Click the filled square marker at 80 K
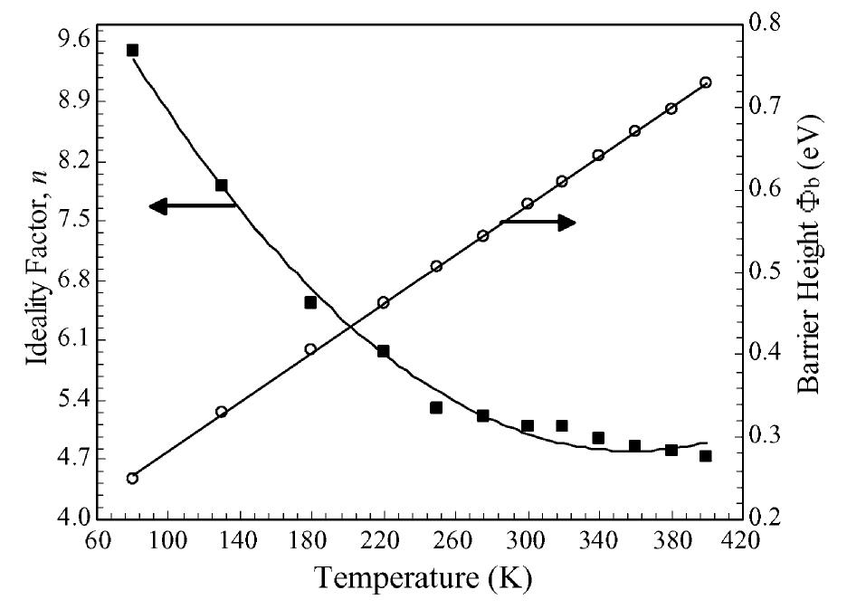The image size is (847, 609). click(132, 50)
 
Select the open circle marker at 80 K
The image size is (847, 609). click(132, 478)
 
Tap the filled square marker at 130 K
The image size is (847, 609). click(221, 185)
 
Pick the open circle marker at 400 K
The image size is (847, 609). click(706, 82)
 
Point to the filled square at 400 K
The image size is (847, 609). click(706, 456)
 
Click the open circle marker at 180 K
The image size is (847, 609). click(310, 348)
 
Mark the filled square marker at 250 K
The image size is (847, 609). click(436, 407)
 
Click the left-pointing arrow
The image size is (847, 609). click(192, 206)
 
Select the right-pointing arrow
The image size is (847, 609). click(538, 223)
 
